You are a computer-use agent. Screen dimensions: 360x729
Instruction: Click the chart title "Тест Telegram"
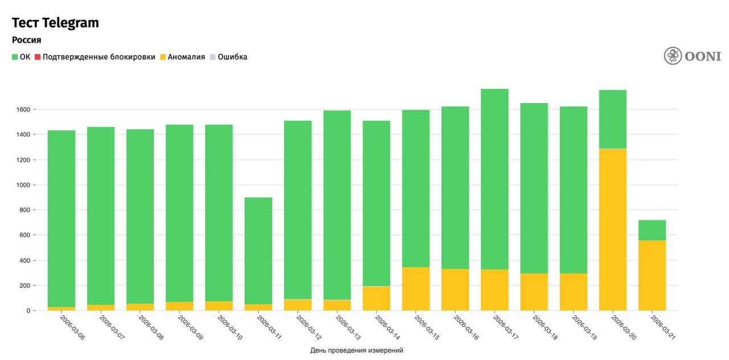click(55, 23)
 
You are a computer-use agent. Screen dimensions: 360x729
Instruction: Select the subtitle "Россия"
click(26, 40)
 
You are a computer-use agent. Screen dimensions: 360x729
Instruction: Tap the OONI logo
click(692, 56)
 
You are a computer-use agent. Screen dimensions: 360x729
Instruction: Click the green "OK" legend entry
click(21, 57)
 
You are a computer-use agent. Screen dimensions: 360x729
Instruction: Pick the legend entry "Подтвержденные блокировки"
click(95, 57)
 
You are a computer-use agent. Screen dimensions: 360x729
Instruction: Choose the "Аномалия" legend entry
click(182, 57)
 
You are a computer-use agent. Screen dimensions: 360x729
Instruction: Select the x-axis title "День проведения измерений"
click(357, 350)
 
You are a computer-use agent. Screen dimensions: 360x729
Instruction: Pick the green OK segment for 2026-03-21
click(652, 230)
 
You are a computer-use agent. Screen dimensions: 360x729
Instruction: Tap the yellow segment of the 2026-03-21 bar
click(652, 276)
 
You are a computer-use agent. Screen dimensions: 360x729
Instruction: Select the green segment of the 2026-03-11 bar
click(259, 251)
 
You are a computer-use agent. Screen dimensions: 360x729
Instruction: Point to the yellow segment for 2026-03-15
click(416, 289)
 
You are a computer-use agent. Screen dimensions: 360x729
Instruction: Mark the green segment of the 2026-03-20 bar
click(613, 119)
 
